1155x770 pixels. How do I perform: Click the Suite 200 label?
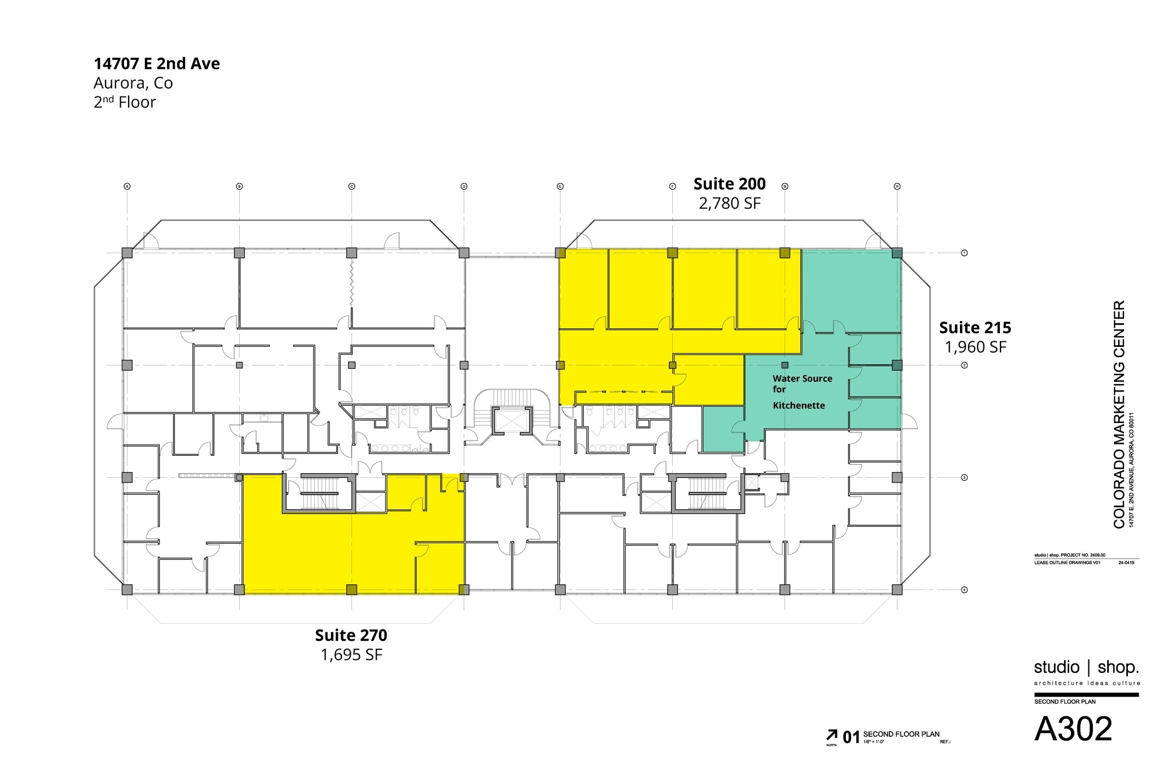(x=729, y=184)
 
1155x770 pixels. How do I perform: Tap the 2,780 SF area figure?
(x=729, y=203)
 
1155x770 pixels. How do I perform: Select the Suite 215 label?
(x=975, y=328)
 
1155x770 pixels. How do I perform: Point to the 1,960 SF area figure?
(x=975, y=347)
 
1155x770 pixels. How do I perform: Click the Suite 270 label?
(x=351, y=635)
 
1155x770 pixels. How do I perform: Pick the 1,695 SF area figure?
(x=351, y=655)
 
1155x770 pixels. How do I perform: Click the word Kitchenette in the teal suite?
(x=799, y=406)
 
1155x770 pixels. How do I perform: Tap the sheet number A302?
(x=1073, y=729)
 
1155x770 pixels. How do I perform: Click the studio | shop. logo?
(x=1086, y=668)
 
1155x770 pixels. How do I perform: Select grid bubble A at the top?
(x=127, y=186)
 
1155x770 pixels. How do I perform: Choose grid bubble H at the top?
(x=897, y=186)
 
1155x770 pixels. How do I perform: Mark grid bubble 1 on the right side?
(x=964, y=253)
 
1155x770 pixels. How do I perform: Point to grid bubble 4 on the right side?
(x=964, y=590)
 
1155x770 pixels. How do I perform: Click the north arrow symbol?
(x=831, y=735)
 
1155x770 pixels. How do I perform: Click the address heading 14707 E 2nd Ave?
(x=157, y=64)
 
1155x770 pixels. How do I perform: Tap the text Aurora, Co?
(x=133, y=83)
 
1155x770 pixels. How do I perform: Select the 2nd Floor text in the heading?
(x=125, y=103)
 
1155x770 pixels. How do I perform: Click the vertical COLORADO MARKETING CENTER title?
(x=1119, y=414)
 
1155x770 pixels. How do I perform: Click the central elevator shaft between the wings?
(x=512, y=420)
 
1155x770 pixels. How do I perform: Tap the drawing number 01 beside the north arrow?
(x=851, y=737)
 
